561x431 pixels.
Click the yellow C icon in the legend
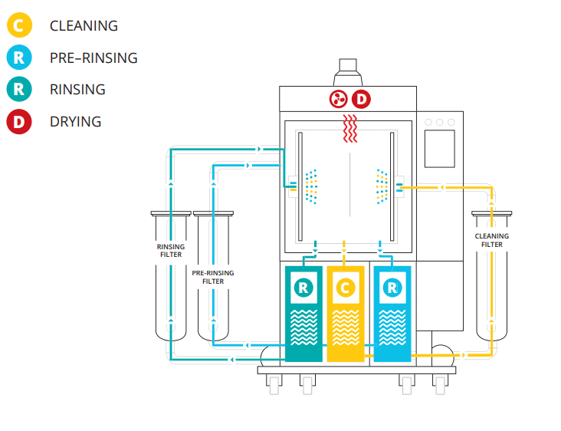(19, 25)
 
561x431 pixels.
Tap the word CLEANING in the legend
(84, 26)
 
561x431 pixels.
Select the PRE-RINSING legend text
(93, 58)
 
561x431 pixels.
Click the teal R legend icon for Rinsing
(19, 89)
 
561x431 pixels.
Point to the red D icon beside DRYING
(19, 122)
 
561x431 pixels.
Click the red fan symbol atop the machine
(338, 99)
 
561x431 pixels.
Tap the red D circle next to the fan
(362, 99)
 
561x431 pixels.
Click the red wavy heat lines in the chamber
(350, 129)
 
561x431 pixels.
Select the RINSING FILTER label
(171, 251)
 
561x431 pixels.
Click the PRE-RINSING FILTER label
(213, 277)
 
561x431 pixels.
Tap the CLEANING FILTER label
(491, 240)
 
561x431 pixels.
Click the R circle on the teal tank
(303, 288)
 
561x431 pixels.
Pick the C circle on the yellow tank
(345, 288)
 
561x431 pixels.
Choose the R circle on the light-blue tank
(392, 288)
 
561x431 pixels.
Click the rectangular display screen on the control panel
(440, 149)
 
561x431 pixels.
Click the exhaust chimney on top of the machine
(348, 72)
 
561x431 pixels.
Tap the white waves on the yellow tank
(346, 327)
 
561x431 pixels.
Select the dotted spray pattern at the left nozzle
(311, 186)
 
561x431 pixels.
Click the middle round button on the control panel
(440, 122)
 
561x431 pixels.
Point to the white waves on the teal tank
(303, 327)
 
